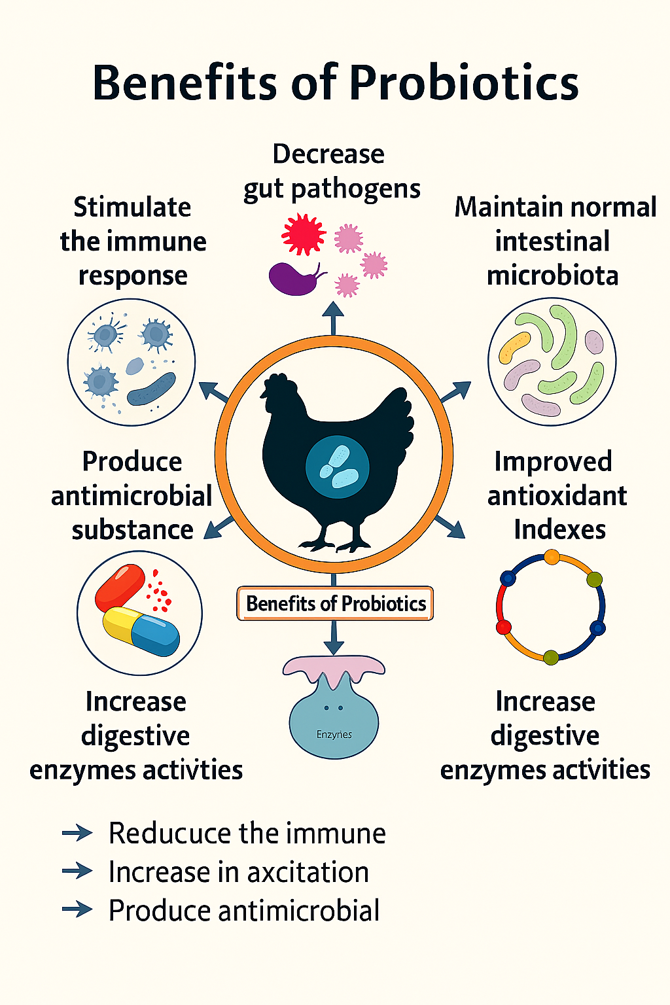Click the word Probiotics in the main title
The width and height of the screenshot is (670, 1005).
click(464, 84)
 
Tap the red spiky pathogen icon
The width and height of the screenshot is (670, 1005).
click(303, 234)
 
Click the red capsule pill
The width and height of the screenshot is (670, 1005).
click(120, 586)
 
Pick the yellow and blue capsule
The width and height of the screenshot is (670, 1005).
click(141, 631)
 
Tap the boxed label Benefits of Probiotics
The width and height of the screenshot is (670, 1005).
click(335, 603)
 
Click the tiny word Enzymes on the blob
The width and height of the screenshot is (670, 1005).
click(334, 735)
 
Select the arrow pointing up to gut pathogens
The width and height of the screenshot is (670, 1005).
click(333, 317)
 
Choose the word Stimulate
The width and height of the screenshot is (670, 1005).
click(132, 207)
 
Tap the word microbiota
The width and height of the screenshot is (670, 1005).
click(552, 275)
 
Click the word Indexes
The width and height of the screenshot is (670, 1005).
click(559, 529)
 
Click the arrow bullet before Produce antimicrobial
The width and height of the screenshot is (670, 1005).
click(77, 909)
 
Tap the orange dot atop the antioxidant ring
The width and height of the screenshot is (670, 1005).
click(552, 557)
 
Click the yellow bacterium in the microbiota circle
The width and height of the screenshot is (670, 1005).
click(514, 347)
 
